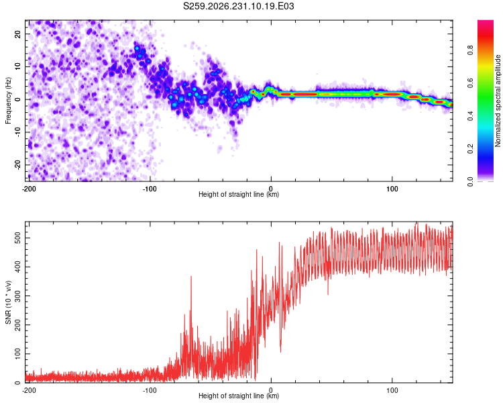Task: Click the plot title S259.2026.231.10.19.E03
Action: (x=238, y=6)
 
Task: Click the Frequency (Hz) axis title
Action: (x=8, y=101)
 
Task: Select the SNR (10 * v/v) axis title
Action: (x=8, y=302)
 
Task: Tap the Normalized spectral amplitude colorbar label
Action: (x=498, y=101)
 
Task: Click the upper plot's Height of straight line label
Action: (x=239, y=194)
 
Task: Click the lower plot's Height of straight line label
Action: (x=239, y=396)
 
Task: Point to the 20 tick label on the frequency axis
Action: (x=17, y=34)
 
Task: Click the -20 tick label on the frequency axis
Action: (x=17, y=165)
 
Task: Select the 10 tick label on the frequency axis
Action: (x=17, y=66)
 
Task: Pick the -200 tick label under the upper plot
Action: (x=29, y=189)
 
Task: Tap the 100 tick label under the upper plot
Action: (x=392, y=189)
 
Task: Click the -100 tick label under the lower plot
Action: (x=150, y=390)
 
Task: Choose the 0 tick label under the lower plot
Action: (x=271, y=390)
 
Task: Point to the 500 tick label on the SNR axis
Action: (x=17, y=238)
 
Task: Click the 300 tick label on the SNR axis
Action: (x=17, y=296)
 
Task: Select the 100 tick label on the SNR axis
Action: (x=17, y=354)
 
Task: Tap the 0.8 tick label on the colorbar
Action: (x=470, y=50)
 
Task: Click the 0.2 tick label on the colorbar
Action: (x=470, y=149)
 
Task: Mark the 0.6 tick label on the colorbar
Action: (x=470, y=83)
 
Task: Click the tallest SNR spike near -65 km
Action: (x=191, y=277)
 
